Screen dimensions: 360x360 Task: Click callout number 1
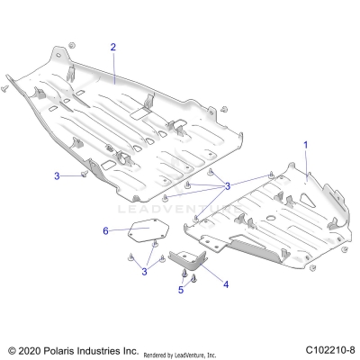pyautogui.click(x=305, y=145)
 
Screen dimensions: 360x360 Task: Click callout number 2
pyautogui.click(x=113, y=47)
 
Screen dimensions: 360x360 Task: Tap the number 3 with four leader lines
pyautogui.click(x=228, y=185)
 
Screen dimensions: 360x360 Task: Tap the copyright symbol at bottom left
pyautogui.click(x=12, y=349)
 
